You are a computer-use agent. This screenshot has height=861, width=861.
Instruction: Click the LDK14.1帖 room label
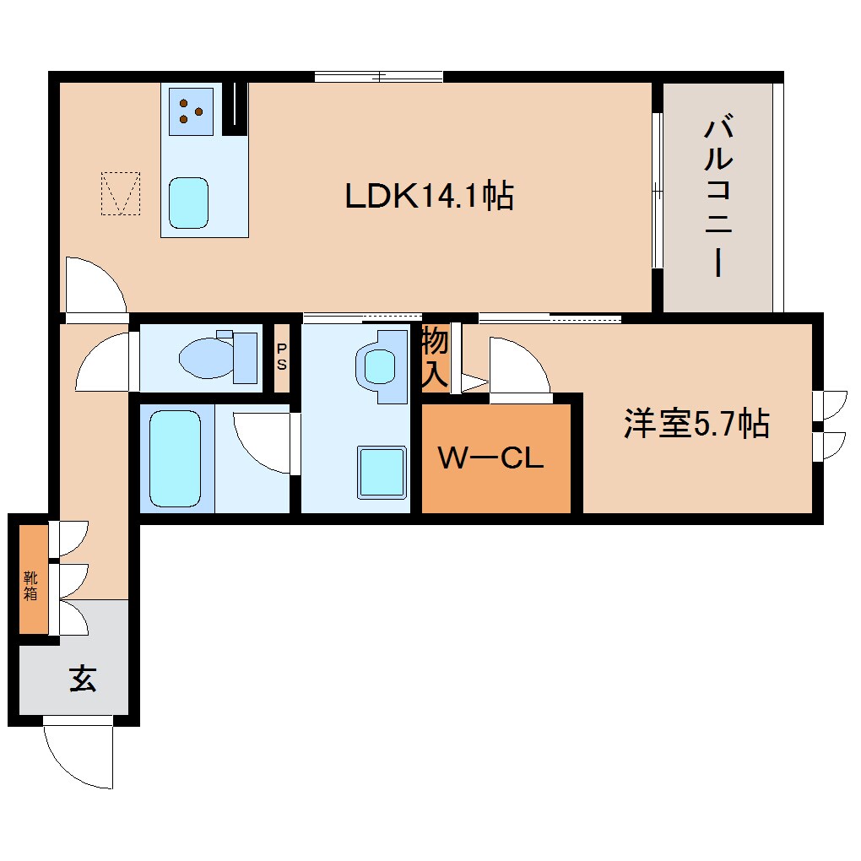click(429, 196)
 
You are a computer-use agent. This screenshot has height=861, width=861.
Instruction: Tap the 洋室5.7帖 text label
click(696, 423)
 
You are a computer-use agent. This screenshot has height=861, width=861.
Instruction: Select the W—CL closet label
click(490, 459)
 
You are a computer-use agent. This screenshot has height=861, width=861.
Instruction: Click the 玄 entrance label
click(82, 678)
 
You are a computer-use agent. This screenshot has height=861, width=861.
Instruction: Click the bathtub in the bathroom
click(175, 458)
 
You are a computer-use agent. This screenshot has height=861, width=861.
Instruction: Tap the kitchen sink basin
click(187, 203)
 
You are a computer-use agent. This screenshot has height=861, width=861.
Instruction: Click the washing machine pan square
click(381, 471)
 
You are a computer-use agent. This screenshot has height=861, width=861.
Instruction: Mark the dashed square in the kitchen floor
click(121, 193)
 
